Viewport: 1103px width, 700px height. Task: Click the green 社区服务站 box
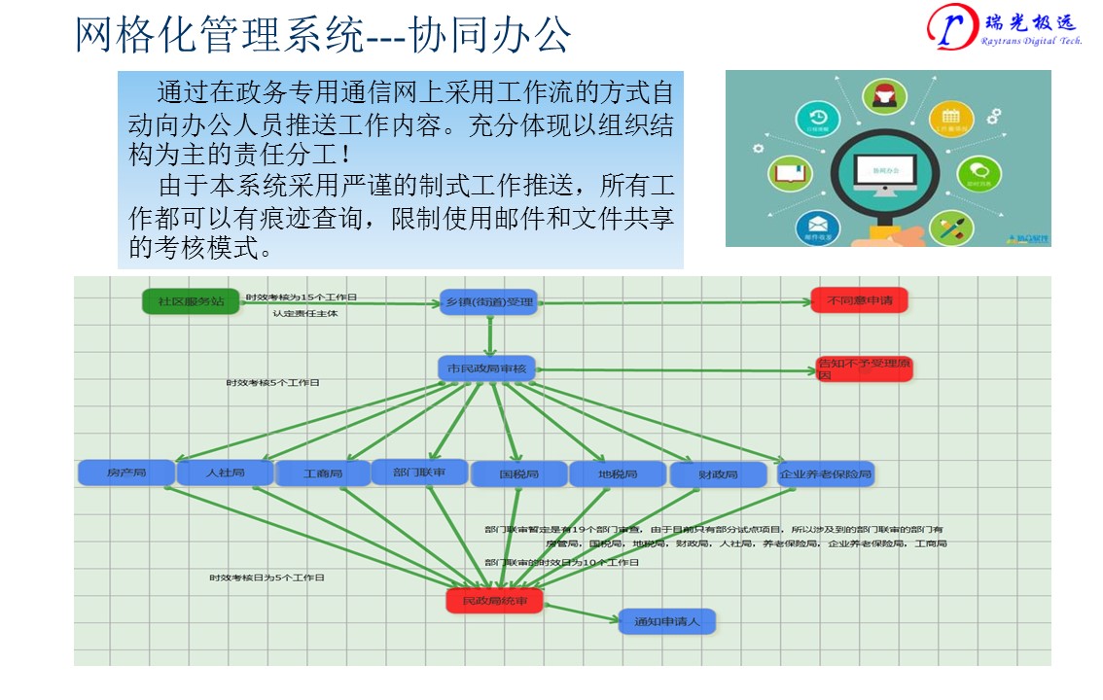pyautogui.click(x=191, y=301)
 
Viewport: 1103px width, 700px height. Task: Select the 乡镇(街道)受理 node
pyautogui.click(x=488, y=301)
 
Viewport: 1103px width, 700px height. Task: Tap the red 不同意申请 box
pyautogui.click(x=859, y=300)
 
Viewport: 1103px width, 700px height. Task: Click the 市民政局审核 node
pyautogui.click(x=486, y=369)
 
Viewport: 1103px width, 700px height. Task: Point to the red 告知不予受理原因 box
pyautogui.click(x=864, y=369)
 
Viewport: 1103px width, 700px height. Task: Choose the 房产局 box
pyautogui.click(x=126, y=473)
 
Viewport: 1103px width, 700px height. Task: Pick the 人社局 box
pyautogui.click(x=225, y=473)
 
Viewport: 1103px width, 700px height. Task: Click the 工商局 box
pyautogui.click(x=323, y=474)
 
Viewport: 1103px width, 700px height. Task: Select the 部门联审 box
pyautogui.click(x=419, y=472)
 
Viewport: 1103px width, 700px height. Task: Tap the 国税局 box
pyautogui.click(x=518, y=474)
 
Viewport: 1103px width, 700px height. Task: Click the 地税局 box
pyautogui.click(x=618, y=474)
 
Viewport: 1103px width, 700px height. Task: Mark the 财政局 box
pyautogui.click(x=718, y=475)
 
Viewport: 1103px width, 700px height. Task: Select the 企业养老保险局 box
pyautogui.click(x=825, y=474)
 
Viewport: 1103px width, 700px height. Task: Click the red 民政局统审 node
pyautogui.click(x=494, y=602)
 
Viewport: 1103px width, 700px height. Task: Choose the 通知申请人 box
pyautogui.click(x=666, y=621)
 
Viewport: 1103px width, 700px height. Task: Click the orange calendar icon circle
pyautogui.click(x=950, y=121)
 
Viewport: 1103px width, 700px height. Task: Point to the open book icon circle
pyautogui.click(x=791, y=175)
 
